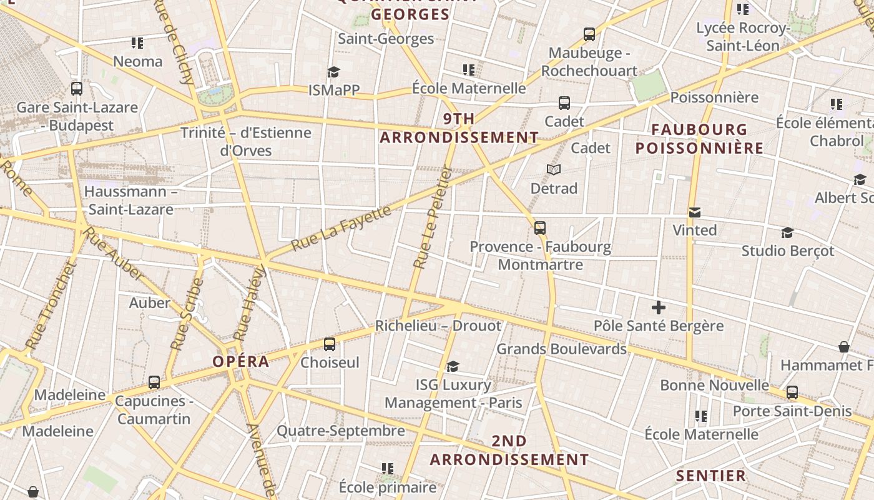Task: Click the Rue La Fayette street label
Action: coord(341,228)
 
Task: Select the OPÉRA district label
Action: coord(241,361)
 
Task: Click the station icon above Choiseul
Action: coord(330,344)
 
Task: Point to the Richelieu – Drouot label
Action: coord(438,326)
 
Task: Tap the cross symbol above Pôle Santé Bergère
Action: coord(659,307)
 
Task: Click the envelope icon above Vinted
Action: coord(694,212)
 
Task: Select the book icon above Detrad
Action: coord(554,169)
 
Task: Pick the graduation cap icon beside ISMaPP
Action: coord(334,72)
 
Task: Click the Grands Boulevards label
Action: coord(561,349)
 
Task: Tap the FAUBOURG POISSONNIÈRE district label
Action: coord(699,139)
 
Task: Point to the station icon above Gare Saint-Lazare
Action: coord(77,89)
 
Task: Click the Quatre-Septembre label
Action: coord(341,431)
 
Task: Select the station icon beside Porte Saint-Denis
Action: coord(792,392)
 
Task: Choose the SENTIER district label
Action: coord(711,476)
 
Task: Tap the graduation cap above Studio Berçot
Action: coord(787,233)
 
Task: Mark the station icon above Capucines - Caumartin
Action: coord(154,382)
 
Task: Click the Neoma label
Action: coord(138,61)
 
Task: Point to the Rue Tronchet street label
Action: coord(51,306)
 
